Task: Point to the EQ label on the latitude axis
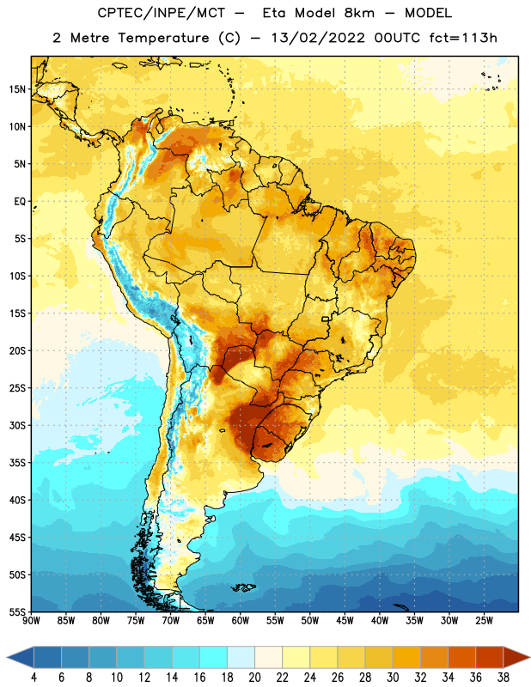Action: click(20, 202)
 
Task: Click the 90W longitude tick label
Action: click(31, 621)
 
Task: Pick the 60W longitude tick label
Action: click(241, 621)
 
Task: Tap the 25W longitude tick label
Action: click(484, 621)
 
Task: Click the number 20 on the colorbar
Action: click(254, 678)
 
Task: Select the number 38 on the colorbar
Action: click(504, 678)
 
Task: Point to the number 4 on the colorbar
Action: click(34, 678)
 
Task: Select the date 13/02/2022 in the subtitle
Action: click(318, 38)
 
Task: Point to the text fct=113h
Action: click(463, 38)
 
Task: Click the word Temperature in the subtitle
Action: click(163, 38)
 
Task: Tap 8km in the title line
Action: click(359, 13)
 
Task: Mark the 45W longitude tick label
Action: click(345, 621)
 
